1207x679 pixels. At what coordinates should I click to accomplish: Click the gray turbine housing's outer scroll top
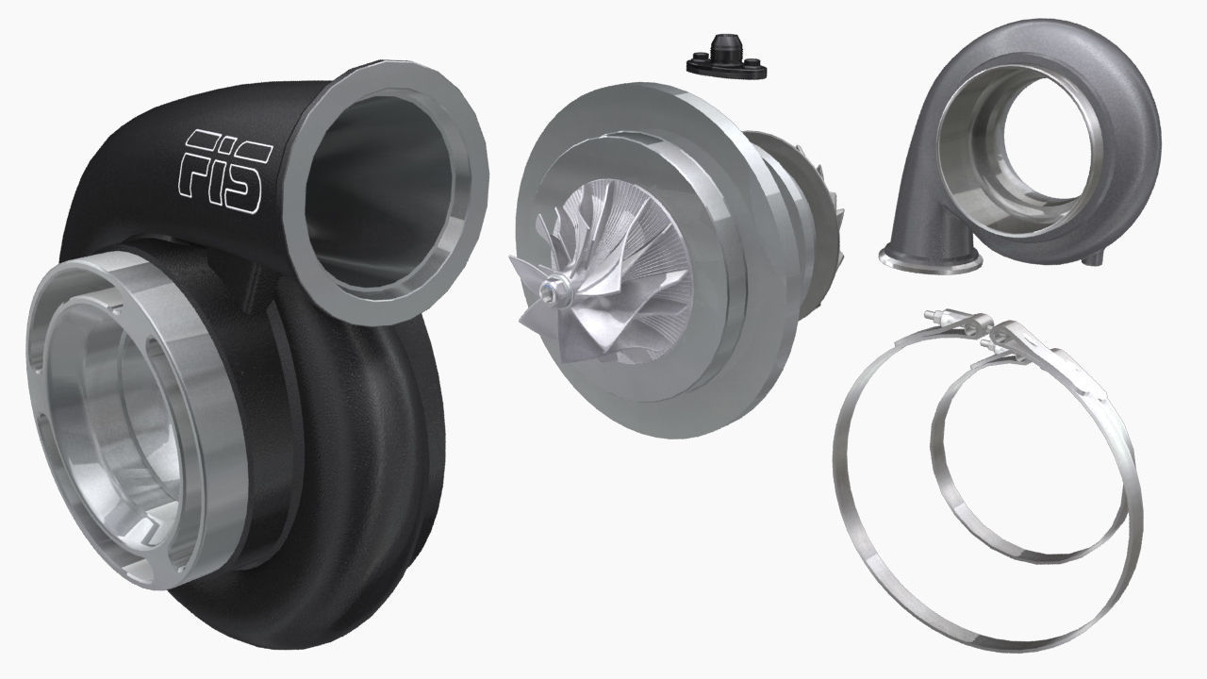point(1037,42)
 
